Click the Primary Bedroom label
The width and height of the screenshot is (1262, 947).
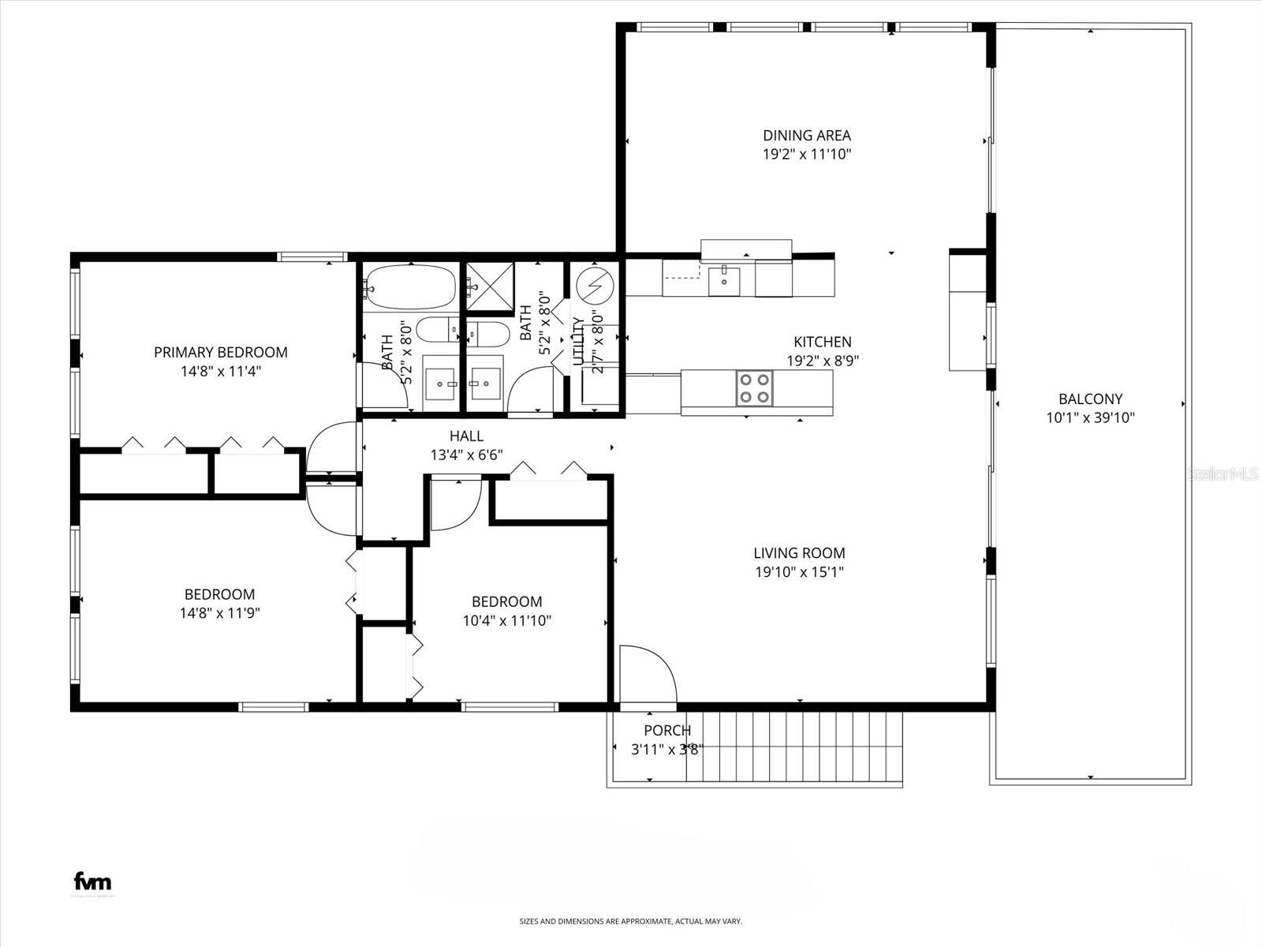[x=220, y=352]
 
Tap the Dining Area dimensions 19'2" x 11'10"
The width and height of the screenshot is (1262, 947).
[x=806, y=155]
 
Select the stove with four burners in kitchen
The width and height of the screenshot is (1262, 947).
[x=754, y=387]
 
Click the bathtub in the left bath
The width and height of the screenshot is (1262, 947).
[x=410, y=286]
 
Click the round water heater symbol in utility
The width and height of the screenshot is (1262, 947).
[x=596, y=285]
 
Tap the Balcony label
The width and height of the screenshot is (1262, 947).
[x=1090, y=399]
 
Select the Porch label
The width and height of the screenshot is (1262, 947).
[x=667, y=731]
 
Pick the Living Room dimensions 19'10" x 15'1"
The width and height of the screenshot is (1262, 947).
[x=799, y=572]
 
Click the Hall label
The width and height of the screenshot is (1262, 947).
[x=466, y=436]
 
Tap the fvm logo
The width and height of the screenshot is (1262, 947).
[x=92, y=881]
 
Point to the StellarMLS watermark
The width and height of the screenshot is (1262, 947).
[x=1223, y=474]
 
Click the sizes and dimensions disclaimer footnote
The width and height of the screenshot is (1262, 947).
[x=630, y=921]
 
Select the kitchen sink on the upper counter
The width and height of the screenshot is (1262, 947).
[x=724, y=279]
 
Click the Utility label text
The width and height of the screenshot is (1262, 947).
[x=578, y=341]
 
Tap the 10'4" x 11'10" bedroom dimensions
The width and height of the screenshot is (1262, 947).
[x=506, y=621]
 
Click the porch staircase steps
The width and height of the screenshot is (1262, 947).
[x=793, y=746]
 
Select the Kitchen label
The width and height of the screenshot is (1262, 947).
[x=822, y=342]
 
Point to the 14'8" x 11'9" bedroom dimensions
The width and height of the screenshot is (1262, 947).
[x=219, y=613]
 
